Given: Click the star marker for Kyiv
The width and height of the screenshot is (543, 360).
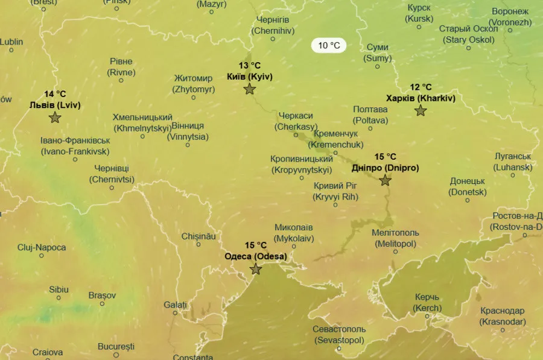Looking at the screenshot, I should point(250,89).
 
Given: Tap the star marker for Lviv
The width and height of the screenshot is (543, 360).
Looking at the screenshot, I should point(55,117).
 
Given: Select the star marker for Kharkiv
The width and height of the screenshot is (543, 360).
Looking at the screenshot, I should point(421,110).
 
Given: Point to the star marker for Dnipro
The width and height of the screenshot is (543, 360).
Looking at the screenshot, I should point(386,180).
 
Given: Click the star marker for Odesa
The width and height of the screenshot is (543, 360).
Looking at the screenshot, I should point(256,269).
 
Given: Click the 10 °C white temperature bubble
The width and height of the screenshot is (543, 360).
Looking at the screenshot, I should point(329,45).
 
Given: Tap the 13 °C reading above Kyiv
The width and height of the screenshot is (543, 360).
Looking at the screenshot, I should point(250,66).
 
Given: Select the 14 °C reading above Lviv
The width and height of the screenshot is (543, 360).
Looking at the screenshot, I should point(55,94).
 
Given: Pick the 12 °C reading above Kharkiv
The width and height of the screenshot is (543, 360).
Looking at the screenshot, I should point(421,87).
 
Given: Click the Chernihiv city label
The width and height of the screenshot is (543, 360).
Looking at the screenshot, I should point(273,25).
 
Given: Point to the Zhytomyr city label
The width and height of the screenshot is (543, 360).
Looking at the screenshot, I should point(193,84).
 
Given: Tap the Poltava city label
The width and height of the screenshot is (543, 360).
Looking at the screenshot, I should point(370,115).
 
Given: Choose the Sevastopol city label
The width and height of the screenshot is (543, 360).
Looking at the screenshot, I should point(339,335).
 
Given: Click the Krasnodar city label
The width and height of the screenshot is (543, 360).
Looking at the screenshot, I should point(503,316).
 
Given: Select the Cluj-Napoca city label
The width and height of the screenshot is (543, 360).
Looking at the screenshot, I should point(42,247).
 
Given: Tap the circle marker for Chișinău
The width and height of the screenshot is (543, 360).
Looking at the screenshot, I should point(198,244).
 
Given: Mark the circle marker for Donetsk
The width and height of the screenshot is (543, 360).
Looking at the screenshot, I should point(468,200).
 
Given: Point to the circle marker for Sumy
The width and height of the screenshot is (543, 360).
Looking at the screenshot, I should point(377,66).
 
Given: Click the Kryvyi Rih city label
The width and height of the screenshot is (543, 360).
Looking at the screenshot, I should point(335,191).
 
